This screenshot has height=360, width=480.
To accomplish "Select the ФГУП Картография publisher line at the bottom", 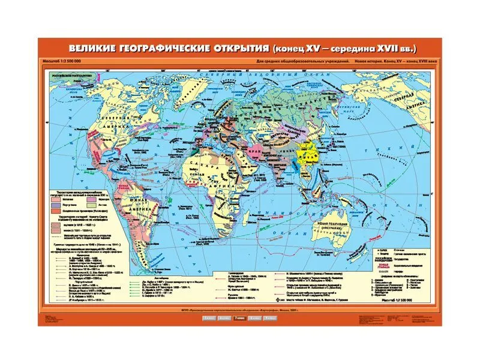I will (240, 309).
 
